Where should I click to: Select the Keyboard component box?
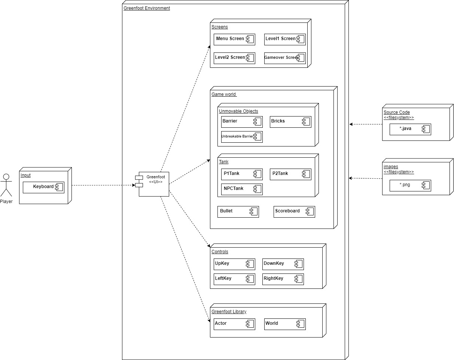(43, 187)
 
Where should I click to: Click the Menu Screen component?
(234, 39)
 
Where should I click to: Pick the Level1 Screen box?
(285, 39)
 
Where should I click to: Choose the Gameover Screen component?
(285, 58)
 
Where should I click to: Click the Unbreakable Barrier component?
(242, 137)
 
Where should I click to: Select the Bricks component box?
(290, 121)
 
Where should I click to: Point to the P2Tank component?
(290, 174)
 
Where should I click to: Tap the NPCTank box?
(242, 189)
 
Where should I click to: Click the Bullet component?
(238, 211)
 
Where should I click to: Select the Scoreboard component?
(294, 211)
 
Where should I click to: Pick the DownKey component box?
(283, 264)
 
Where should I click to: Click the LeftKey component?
(234, 279)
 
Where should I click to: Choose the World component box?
(285, 324)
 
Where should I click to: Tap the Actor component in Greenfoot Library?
(234, 324)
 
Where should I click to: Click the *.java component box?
(410, 129)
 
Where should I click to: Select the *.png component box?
(410, 185)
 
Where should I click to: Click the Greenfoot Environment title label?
(147, 8)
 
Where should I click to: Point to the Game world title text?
(224, 94)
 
